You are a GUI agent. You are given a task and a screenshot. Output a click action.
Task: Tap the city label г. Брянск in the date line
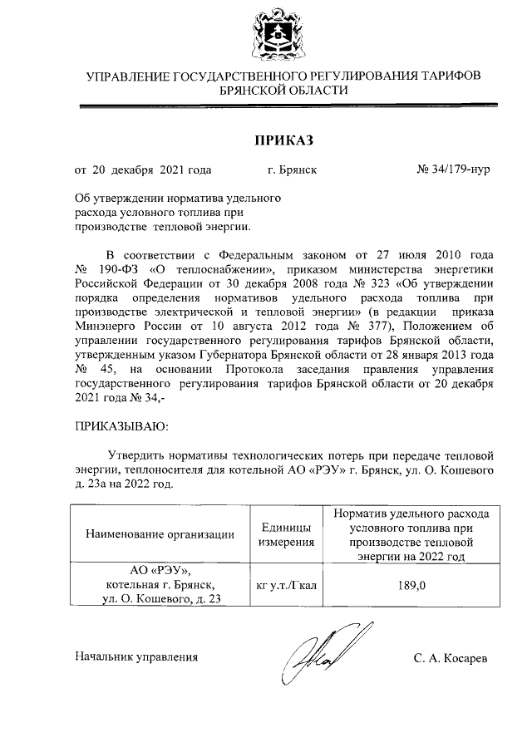[292, 170]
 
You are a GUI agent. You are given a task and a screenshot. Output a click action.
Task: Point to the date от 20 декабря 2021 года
[143, 170]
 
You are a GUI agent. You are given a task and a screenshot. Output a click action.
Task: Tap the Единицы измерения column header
[286, 534]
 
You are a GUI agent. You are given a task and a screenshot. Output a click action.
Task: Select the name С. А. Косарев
[451, 658]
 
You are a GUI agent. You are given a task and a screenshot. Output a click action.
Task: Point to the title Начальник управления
[136, 657]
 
